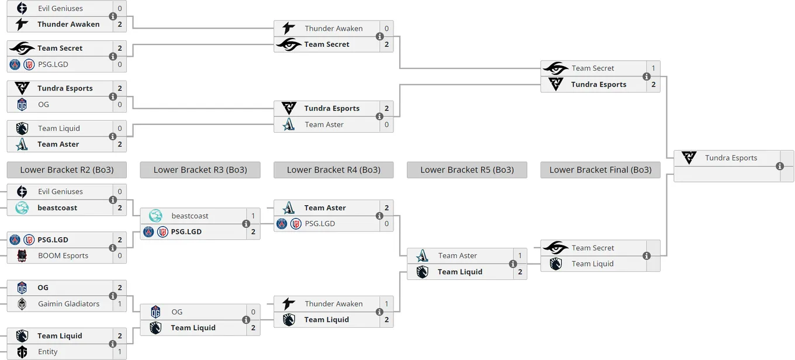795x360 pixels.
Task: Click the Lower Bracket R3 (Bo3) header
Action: [200, 170]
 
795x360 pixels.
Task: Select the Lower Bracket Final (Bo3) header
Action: [600, 170]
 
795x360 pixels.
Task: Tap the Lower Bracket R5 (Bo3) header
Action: [467, 170]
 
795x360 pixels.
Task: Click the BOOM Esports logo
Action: [22, 256]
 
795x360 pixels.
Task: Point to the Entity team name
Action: [47, 351]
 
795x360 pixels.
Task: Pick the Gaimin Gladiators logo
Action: [22, 304]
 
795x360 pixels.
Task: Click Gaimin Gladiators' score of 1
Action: [120, 304]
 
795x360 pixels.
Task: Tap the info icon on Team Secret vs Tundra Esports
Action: [647, 76]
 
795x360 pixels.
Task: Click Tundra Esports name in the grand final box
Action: [731, 158]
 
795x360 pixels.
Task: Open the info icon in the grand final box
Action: [780, 166]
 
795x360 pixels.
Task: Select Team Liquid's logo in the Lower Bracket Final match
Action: [556, 264]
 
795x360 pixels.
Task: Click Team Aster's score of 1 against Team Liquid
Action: [520, 255]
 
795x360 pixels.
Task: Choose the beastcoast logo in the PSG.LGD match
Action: [155, 216]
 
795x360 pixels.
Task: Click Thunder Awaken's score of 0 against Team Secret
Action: [386, 29]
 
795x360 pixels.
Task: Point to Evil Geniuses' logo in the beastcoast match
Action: [22, 192]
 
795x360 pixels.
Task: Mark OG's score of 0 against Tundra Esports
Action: [120, 104]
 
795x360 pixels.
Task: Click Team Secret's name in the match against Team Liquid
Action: [593, 248]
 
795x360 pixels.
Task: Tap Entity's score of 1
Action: [120, 351]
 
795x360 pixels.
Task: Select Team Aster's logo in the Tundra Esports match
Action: [289, 124]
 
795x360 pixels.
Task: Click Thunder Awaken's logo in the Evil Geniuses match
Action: [22, 24]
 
